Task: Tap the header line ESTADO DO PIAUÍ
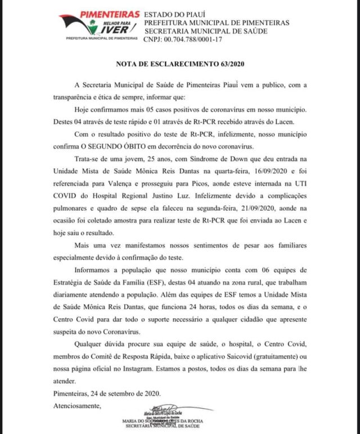[168, 13]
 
